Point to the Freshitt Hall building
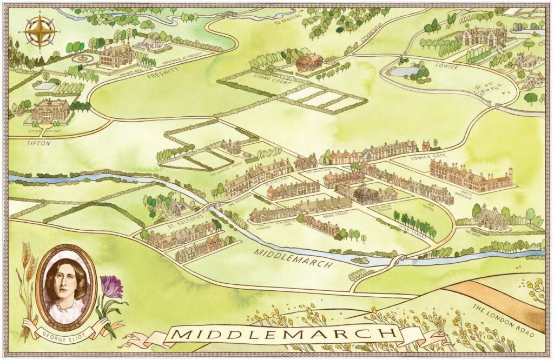116,55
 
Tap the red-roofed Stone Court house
309,63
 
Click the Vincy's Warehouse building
470,177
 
